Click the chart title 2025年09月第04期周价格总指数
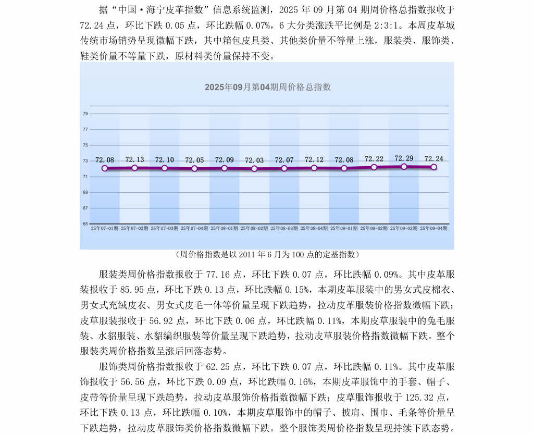(267, 88)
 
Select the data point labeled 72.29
(404, 167)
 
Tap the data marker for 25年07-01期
(105, 168)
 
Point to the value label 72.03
(254, 160)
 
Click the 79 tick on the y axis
(85, 114)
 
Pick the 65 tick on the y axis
(85, 224)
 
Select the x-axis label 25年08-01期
(224, 228)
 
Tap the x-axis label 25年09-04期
(433, 228)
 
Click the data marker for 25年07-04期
(194, 168)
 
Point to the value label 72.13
(134, 159)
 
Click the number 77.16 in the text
(219, 274)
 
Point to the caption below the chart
(267, 255)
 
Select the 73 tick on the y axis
(85, 161)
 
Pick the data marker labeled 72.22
(374, 167)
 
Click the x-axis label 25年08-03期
(284, 228)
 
